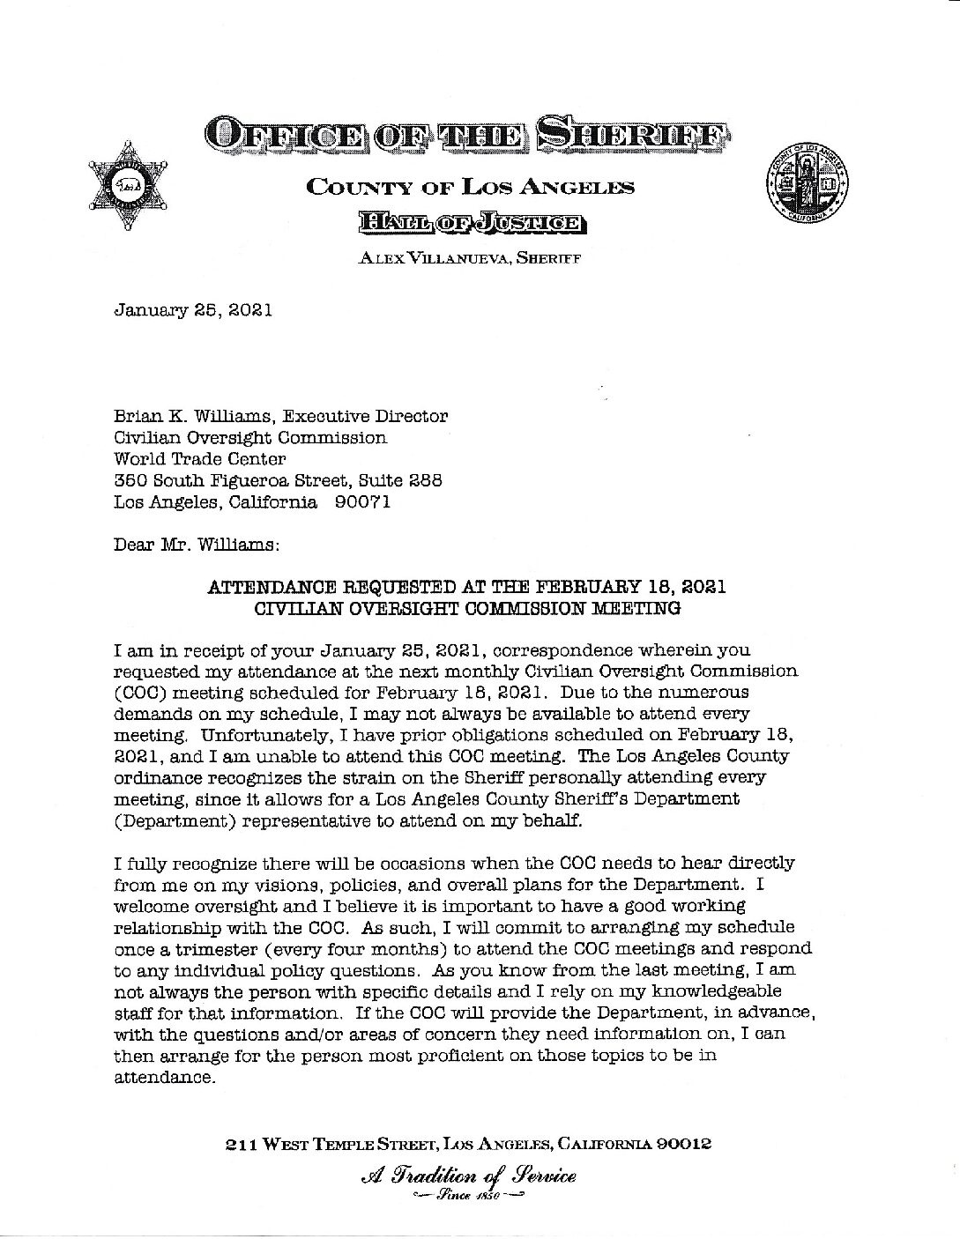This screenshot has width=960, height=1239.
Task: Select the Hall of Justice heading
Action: tap(470, 223)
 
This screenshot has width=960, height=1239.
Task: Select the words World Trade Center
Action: tap(200, 459)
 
